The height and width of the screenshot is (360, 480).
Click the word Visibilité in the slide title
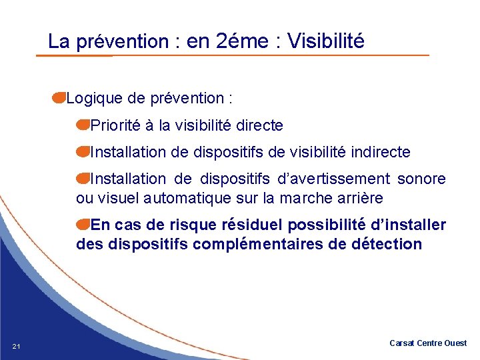point(325,41)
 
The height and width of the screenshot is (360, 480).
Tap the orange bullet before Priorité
point(83,125)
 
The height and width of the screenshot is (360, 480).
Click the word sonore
point(421,179)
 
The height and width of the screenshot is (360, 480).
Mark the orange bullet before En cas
point(83,225)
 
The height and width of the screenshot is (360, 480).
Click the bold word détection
point(385,244)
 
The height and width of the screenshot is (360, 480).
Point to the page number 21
point(17,345)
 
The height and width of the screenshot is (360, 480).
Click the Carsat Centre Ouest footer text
point(428,343)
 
